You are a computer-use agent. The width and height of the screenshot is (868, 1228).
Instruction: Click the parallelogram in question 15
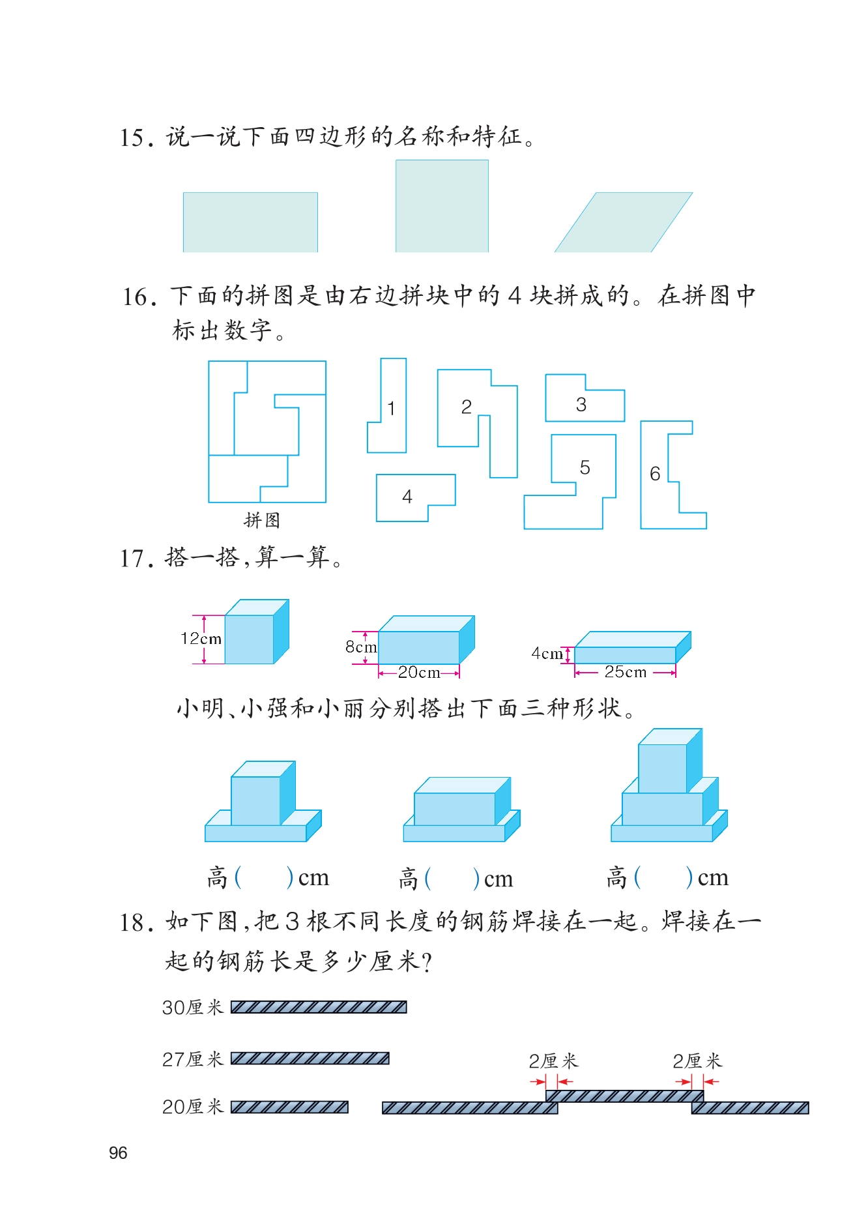(624, 222)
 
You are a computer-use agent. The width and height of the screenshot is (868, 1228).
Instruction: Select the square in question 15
(442, 206)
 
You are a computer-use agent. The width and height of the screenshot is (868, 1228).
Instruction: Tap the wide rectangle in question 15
(250, 222)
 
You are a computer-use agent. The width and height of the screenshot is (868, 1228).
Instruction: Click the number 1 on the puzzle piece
(391, 409)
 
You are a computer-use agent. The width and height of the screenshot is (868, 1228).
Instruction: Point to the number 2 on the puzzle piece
(466, 407)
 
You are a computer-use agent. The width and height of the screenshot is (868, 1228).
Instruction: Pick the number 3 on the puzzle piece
(581, 405)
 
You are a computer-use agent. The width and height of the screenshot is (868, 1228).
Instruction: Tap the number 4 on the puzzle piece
(407, 497)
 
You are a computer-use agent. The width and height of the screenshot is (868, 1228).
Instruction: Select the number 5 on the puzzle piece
(585, 467)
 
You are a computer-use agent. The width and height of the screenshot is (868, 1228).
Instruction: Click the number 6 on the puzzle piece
(655, 474)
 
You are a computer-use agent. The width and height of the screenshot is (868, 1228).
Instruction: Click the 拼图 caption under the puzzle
(262, 520)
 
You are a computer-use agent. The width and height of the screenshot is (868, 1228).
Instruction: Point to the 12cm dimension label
(201, 639)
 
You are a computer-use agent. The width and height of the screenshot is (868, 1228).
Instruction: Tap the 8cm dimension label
(361, 647)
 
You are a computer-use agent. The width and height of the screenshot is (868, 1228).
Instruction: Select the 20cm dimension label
(419, 672)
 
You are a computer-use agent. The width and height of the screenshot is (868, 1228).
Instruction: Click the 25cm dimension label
(626, 672)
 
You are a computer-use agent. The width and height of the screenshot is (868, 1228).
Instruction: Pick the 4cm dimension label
(547, 653)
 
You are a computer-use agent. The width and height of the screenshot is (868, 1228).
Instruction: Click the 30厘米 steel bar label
(193, 1008)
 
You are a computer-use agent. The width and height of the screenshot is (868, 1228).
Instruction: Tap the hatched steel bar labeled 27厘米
(310, 1058)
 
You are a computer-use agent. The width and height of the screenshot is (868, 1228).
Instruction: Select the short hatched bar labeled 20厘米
(289, 1107)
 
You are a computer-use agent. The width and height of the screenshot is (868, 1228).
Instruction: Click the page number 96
(118, 1153)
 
